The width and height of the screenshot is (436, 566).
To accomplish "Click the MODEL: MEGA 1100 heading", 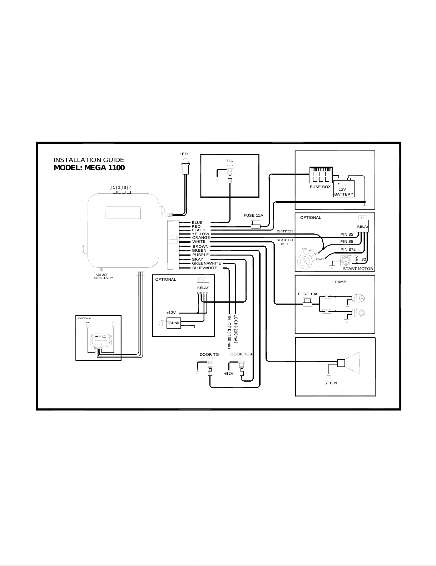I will (x=89, y=168).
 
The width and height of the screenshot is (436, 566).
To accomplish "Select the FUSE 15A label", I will (x=253, y=216).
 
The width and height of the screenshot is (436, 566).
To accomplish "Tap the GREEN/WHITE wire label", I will (x=206, y=264).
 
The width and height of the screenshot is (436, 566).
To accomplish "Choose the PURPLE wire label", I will (x=200, y=255).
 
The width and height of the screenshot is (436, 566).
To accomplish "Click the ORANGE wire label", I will (x=201, y=238).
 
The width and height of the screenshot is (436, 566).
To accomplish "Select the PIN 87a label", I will (x=348, y=249).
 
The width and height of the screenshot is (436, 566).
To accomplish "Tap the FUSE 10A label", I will (x=307, y=294).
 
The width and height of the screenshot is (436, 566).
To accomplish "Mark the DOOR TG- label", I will (x=210, y=355).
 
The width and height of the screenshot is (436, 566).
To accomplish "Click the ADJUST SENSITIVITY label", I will (x=103, y=276).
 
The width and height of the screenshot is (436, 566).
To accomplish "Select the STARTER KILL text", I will (x=285, y=242).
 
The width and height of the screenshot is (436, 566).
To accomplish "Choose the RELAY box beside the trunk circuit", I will (x=203, y=287).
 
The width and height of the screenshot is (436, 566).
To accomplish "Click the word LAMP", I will (x=340, y=282).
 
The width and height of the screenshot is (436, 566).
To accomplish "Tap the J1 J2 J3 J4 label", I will (x=121, y=187).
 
